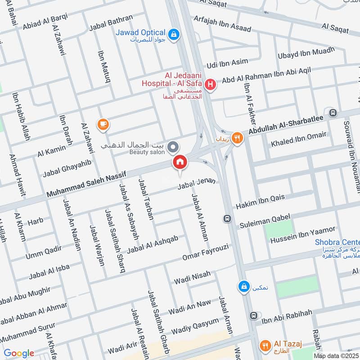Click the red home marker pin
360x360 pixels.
point(180,162)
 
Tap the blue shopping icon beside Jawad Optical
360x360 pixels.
point(173,34)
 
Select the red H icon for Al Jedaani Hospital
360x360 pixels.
point(209,84)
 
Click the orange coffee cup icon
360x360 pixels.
point(103,124)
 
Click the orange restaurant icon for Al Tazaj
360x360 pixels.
point(265,345)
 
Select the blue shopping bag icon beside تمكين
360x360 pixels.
point(243,286)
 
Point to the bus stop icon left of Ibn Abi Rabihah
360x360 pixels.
point(254,316)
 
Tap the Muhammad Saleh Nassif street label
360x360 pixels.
point(87,184)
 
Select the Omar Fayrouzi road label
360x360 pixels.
point(206,253)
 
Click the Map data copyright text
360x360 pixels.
point(336,356)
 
